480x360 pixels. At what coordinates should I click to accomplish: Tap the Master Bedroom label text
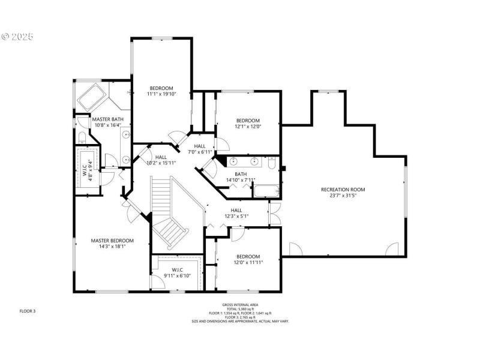[x=112, y=241]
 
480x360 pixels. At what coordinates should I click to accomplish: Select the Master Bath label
[x=108, y=119]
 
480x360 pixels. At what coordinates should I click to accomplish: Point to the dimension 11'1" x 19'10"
[x=161, y=94]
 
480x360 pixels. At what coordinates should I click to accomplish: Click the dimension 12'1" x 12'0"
[x=247, y=126]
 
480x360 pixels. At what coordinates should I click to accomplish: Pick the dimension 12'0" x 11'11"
[x=248, y=262]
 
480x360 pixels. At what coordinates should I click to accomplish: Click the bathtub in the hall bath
[x=266, y=192]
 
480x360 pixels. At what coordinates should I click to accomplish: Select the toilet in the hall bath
[x=272, y=163]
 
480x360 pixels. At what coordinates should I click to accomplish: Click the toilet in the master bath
[x=82, y=137]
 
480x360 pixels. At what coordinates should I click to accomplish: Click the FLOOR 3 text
[x=28, y=311]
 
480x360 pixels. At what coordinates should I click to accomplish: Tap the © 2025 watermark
[x=18, y=36]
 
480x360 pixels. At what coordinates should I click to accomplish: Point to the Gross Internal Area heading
[x=239, y=305]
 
